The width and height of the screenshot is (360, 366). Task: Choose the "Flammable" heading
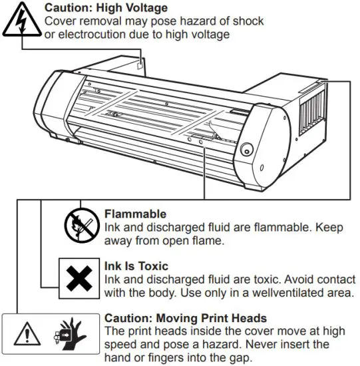[x=135, y=214]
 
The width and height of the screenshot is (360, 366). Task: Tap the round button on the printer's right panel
[x=248, y=148]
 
